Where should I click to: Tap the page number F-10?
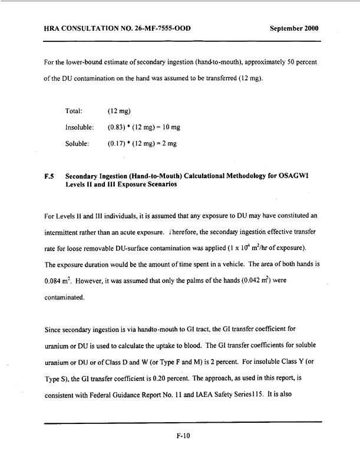click(x=180, y=438)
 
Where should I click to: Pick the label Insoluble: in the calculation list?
click(x=81, y=127)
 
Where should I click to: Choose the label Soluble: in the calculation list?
click(x=78, y=143)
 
